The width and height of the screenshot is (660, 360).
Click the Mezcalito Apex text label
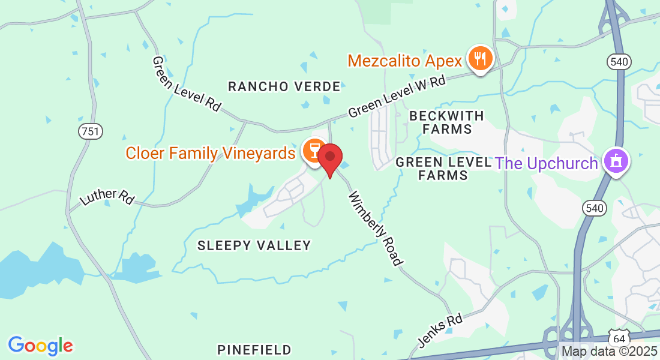pos(405,61)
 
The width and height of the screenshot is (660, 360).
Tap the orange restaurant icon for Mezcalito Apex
pos(480,58)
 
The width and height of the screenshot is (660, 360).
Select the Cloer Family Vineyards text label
pos(210,153)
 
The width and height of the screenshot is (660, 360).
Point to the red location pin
pos(329,158)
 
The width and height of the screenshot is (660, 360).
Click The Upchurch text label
pos(546,163)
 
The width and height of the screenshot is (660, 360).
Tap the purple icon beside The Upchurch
pos(616,161)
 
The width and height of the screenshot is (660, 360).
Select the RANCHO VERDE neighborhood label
pos(284,86)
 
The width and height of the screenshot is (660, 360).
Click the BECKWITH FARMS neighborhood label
pos(447,121)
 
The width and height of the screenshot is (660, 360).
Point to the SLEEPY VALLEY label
pos(254,245)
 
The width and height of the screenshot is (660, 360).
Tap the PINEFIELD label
pos(254,349)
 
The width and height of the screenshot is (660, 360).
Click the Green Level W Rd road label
pos(397,96)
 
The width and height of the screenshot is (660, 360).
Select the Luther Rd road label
pos(107,197)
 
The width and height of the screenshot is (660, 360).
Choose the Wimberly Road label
pos(376,228)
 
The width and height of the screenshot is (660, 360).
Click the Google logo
pos(40,345)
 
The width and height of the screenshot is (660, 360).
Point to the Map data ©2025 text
pos(608,351)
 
